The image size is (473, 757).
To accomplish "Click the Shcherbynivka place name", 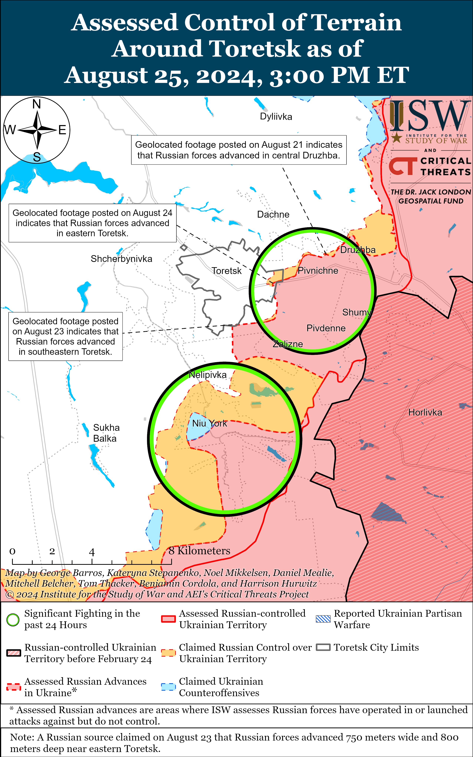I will [121, 259].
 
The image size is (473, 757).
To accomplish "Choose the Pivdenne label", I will [326, 328].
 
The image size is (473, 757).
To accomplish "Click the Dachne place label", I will [273, 214].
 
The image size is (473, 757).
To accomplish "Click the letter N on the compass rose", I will [37, 104].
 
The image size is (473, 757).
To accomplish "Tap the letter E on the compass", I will [62, 130].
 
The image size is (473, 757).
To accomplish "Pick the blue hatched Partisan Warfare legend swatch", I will [323, 619].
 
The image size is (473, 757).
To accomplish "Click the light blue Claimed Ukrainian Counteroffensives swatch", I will [168, 687].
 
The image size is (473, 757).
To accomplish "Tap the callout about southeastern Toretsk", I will [65, 336].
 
